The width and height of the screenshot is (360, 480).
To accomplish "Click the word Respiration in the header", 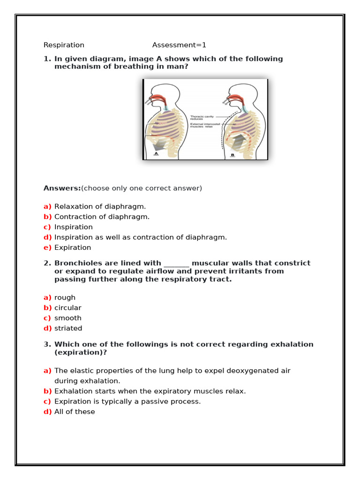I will (64, 45).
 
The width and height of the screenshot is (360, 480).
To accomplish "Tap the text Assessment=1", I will (179, 45).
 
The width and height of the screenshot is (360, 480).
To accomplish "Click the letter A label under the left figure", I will (156, 153).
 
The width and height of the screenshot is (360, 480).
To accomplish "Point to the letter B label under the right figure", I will (232, 155).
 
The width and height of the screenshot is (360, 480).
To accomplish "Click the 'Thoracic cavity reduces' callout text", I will (202, 118).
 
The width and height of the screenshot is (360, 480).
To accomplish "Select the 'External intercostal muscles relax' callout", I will (205, 125).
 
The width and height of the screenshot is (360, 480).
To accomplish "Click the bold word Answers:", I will (62, 188).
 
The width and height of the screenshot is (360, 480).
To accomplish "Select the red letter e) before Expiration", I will (47, 247).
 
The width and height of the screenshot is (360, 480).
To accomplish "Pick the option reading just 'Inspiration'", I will (74, 227).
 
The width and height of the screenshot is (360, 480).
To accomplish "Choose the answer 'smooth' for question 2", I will (67, 318).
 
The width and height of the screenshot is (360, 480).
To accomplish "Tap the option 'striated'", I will (68, 328).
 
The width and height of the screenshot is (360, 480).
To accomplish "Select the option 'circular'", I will (67, 307).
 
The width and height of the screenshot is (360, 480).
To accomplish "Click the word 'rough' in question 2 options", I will (65, 297).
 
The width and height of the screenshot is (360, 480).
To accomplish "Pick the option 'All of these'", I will (75, 412).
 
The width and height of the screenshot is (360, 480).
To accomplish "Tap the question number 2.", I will (47, 263).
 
